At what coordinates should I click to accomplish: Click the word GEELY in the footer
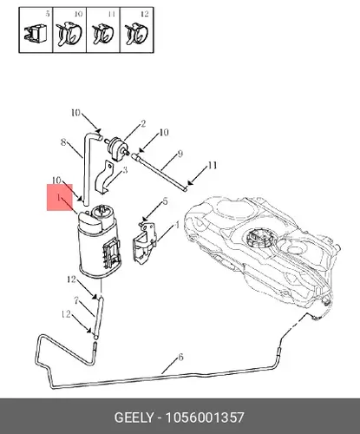pyautogui.click(x=134, y=418)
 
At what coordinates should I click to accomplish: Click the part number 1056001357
pyautogui.click(x=205, y=418)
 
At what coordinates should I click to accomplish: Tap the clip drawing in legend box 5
pyautogui.click(x=35, y=34)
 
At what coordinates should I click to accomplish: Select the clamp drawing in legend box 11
pyautogui.click(x=103, y=34)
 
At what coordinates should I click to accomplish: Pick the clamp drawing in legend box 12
pyautogui.click(x=136, y=35)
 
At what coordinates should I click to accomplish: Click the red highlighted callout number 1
pyautogui.click(x=59, y=198)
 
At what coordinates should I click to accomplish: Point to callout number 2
pyautogui.click(x=143, y=124)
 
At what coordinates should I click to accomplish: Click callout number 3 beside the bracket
pyautogui.click(x=125, y=170)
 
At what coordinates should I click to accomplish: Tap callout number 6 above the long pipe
pyautogui.click(x=180, y=358)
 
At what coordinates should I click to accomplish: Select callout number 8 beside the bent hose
pyautogui.click(x=64, y=142)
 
